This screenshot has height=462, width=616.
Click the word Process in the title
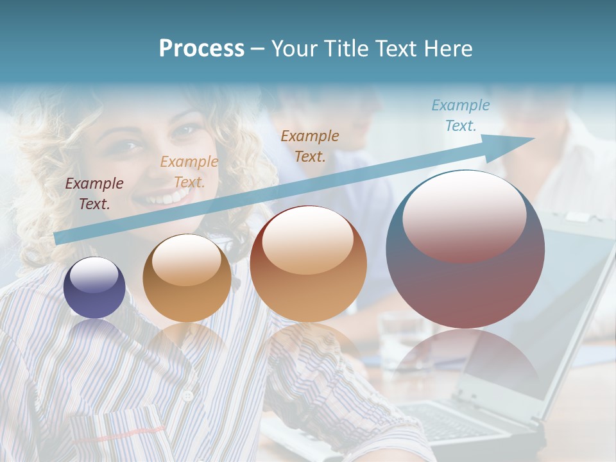pos(201,48)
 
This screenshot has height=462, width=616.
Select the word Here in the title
pos(447,48)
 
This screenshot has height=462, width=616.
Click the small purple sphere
pos(94,287)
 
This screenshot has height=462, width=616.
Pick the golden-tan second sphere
pos(187,278)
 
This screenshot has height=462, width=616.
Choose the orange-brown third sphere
pos(308,264)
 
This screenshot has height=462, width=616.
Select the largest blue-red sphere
pos(465,249)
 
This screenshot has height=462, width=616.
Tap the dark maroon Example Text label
pos(94,194)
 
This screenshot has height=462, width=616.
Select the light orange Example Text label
pos(189,172)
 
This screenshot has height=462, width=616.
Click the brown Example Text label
pos(310,146)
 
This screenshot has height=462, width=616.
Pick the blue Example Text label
pos(460,116)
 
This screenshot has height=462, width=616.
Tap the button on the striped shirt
pos(188,396)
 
